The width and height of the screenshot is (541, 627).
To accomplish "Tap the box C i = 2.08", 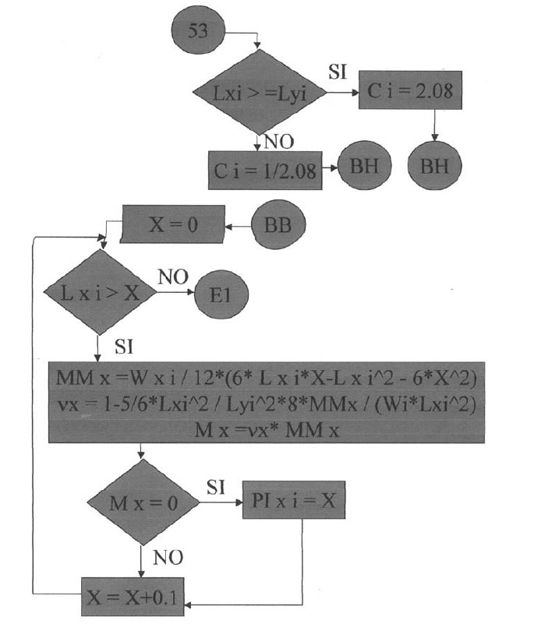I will (x=410, y=93).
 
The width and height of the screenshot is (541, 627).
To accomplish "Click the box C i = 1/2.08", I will (x=265, y=171).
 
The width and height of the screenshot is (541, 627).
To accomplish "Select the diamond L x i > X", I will (x=99, y=293).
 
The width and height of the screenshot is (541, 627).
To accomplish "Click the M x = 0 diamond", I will (x=143, y=503).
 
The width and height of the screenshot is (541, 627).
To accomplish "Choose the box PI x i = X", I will (x=295, y=502).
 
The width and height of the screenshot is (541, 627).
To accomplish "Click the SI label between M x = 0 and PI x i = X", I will (x=216, y=488).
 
